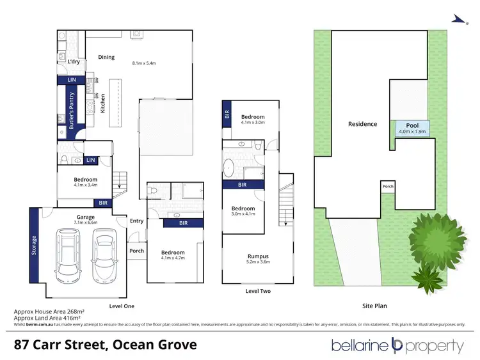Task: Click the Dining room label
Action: tap(106, 57)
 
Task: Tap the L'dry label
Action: tap(74, 62)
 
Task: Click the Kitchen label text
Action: tap(102, 104)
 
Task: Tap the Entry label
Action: tap(136, 221)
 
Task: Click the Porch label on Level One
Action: tap(136, 251)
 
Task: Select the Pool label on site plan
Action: tap(412, 126)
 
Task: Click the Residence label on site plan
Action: tap(362, 124)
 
